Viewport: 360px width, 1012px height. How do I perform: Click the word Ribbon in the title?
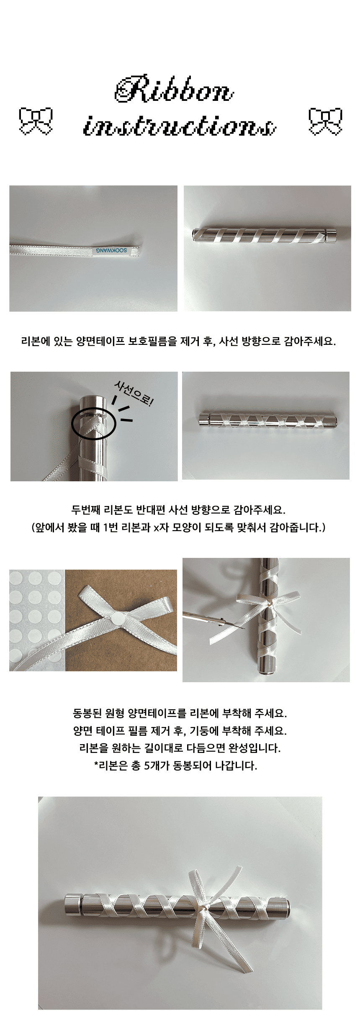tap(174, 88)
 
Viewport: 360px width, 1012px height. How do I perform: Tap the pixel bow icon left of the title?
tap(36, 121)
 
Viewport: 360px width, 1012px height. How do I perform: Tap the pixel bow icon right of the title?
tap(325, 121)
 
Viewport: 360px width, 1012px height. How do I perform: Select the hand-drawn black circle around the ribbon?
tap(93, 424)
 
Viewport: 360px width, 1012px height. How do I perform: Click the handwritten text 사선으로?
tap(134, 394)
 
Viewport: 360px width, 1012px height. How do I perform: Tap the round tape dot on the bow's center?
tap(117, 616)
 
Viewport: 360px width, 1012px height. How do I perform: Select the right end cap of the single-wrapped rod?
tap(331, 237)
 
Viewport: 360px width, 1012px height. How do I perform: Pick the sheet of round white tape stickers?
tap(37, 620)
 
